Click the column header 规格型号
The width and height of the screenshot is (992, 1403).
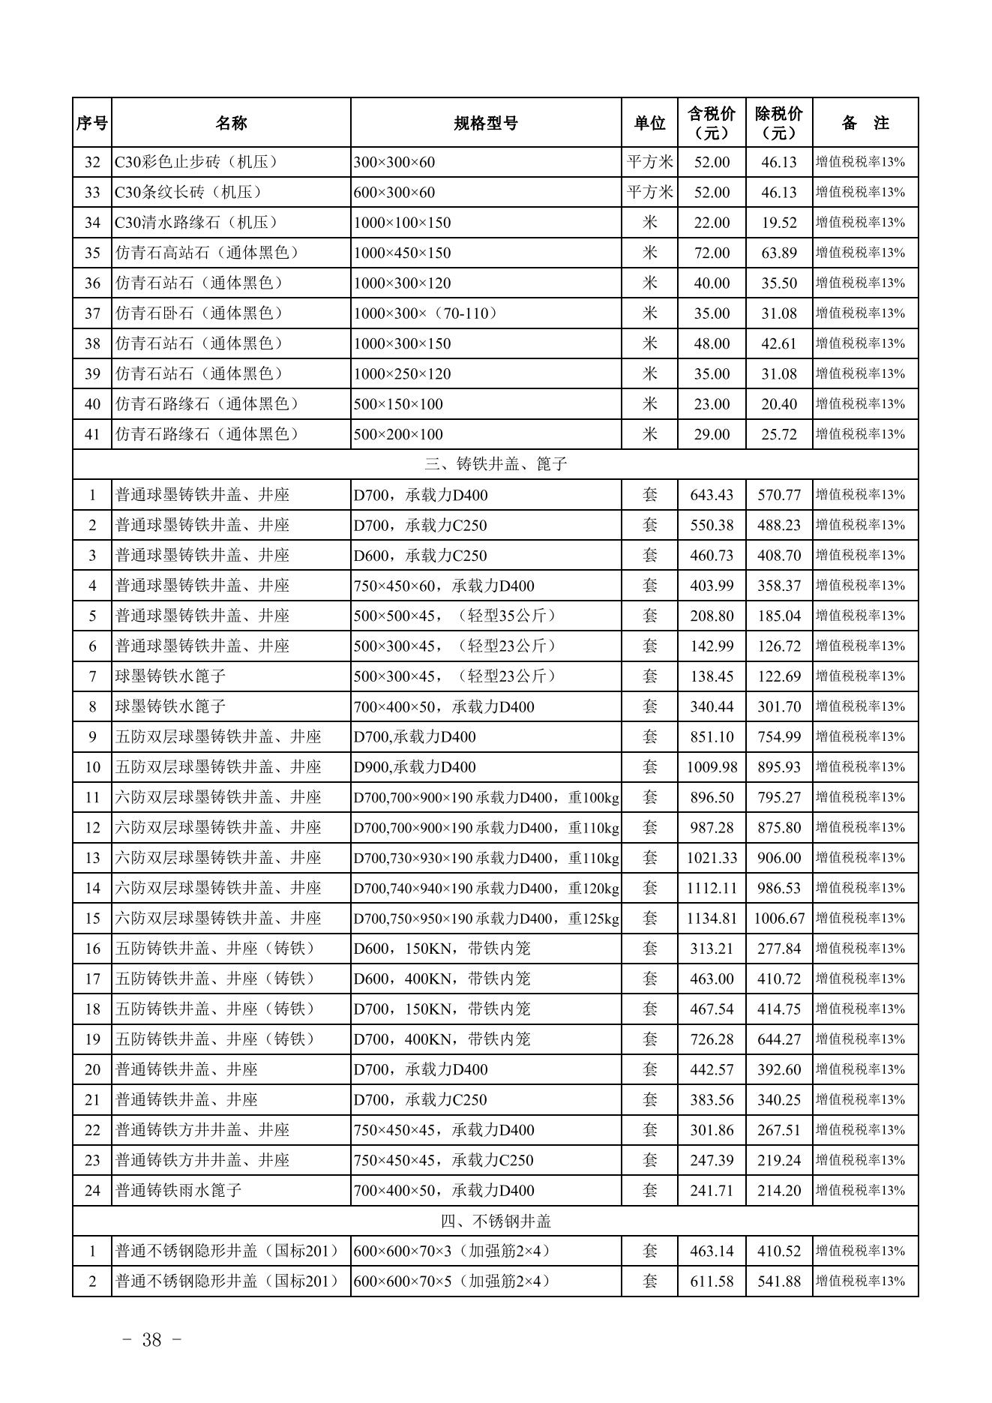(x=485, y=123)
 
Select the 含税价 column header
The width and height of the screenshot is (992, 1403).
(x=712, y=123)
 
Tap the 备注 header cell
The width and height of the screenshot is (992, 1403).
(x=865, y=123)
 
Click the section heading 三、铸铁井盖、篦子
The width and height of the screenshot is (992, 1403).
(x=496, y=464)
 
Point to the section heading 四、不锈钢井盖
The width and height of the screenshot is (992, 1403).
(x=496, y=1221)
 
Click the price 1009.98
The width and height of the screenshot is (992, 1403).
(x=712, y=767)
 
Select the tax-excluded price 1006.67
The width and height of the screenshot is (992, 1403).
(x=779, y=919)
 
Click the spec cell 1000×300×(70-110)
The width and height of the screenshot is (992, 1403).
(x=426, y=313)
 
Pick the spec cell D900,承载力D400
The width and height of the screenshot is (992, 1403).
(x=415, y=767)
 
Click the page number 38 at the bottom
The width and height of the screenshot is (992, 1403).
(x=151, y=1340)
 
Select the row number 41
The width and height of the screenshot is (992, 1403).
(x=92, y=434)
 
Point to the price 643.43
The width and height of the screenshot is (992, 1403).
(x=712, y=495)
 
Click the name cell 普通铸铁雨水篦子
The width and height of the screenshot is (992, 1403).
(x=178, y=1191)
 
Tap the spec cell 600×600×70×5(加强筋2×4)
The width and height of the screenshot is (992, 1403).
(x=452, y=1282)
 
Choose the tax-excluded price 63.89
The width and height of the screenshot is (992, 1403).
(x=779, y=253)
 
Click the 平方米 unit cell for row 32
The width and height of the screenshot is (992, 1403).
(x=649, y=162)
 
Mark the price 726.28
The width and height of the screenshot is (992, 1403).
(x=712, y=1039)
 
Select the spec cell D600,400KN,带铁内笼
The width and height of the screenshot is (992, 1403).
(x=442, y=979)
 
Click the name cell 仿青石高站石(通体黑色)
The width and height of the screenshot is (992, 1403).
(x=207, y=253)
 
